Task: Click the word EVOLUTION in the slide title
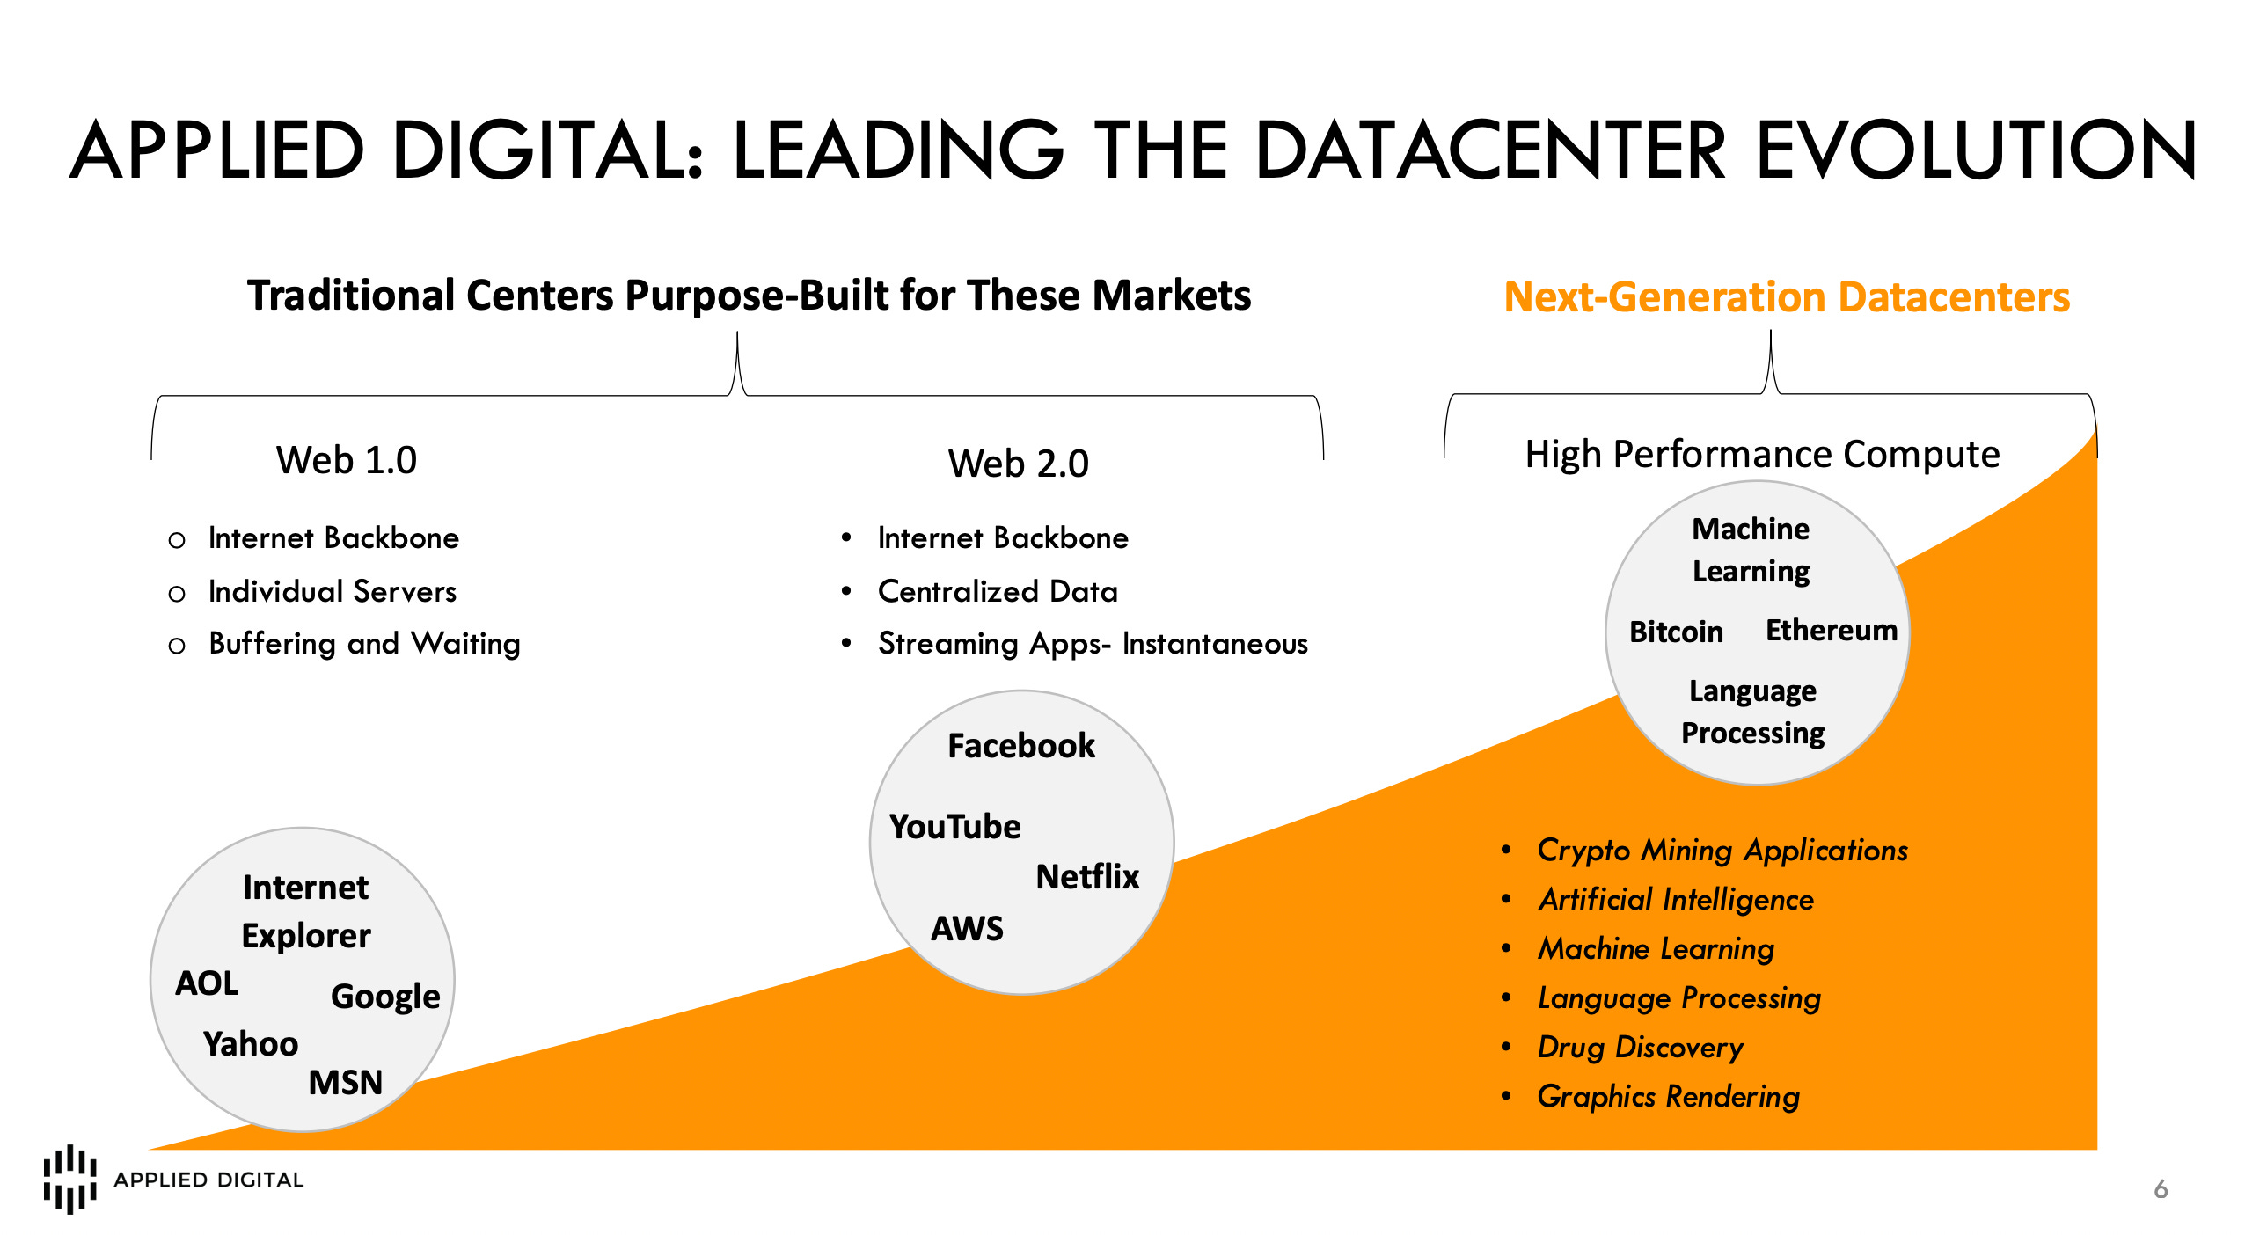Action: (1975, 150)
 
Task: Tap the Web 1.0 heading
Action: (346, 460)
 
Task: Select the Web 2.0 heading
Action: (1018, 464)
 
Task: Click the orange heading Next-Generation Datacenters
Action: (1786, 297)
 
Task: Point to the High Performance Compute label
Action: (1762, 455)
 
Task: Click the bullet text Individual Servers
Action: (332, 591)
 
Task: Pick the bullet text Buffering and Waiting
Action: (364, 644)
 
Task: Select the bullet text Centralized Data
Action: (998, 591)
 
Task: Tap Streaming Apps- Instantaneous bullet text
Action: (1093, 644)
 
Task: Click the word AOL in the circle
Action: (207, 983)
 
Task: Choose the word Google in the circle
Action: (385, 997)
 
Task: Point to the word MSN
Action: (346, 1082)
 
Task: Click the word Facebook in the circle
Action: (1021, 746)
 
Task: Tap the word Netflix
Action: (1087, 877)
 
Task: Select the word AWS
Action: (967, 929)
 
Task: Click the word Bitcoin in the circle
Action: (1676, 632)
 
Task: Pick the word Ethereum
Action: (1832, 631)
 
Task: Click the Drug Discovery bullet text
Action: (1640, 1047)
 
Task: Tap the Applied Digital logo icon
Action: (69, 1179)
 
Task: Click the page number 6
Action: (2161, 1189)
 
